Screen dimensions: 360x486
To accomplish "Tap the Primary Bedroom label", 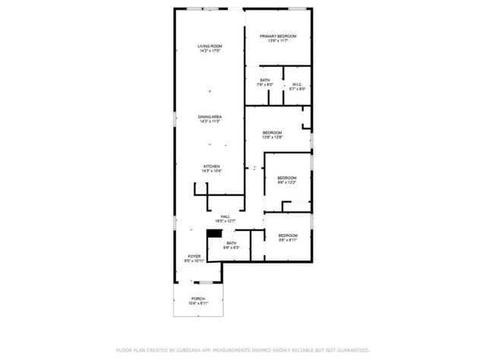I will coord(277,36).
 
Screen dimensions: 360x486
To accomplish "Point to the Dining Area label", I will coord(210,116).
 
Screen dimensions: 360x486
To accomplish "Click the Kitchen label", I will coord(211,166).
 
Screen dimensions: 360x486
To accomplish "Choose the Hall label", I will coord(226,216).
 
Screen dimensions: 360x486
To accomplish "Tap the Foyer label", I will coord(194,257).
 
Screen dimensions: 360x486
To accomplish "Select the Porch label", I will coord(198,298).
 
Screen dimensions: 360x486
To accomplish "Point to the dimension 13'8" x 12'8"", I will coord(272,137).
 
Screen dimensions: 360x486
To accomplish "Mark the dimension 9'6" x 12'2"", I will coord(286,182).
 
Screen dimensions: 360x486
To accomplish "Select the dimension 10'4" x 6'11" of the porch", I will coord(198,304).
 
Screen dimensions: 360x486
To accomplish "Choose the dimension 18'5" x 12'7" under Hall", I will coord(226,221).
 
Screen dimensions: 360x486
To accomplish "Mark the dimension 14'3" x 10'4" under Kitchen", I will coord(211,172).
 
